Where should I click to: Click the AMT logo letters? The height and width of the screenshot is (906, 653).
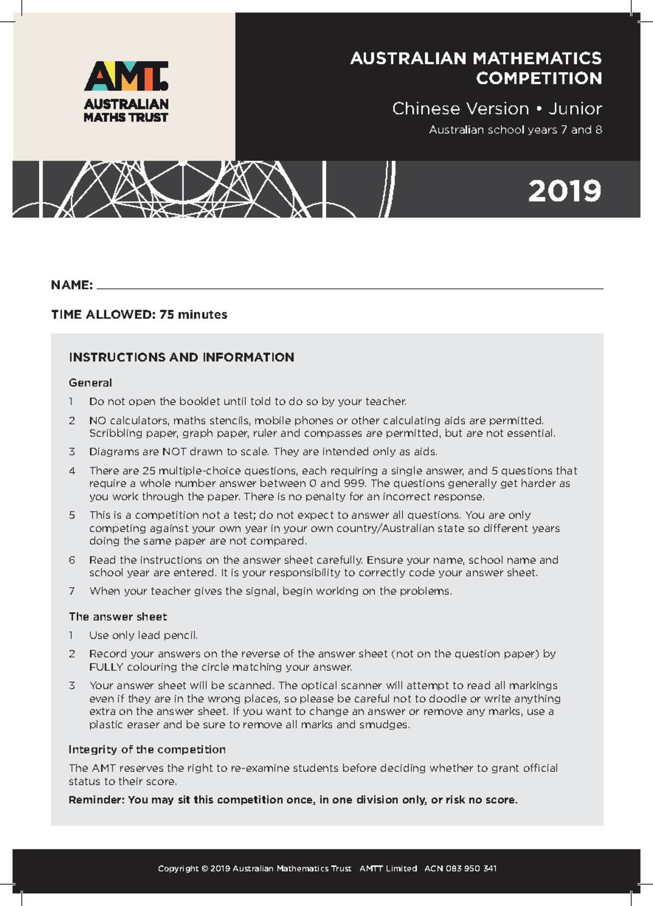click(126, 76)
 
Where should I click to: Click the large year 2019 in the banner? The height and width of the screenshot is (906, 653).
click(564, 191)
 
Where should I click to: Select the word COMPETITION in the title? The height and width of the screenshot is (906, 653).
click(539, 78)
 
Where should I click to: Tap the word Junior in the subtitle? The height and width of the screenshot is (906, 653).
click(575, 109)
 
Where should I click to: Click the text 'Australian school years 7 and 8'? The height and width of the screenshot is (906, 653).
click(515, 130)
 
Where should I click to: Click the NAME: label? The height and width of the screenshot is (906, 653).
click(72, 285)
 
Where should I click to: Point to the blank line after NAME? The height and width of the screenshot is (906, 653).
click(348, 287)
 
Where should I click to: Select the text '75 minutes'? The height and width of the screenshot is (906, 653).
click(193, 315)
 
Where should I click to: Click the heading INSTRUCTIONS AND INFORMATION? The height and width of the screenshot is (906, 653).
click(181, 358)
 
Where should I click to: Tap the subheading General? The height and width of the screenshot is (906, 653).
click(90, 383)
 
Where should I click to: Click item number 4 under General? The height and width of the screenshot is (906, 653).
click(72, 471)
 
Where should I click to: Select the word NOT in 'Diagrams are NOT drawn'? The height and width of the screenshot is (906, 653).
click(174, 452)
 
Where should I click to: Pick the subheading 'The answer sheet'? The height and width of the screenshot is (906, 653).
click(118, 617)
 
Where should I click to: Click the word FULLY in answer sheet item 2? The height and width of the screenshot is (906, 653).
click(106, 667)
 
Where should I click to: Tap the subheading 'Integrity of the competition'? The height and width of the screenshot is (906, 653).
click(147, 749)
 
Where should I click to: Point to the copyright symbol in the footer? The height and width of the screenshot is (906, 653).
click(205, 868)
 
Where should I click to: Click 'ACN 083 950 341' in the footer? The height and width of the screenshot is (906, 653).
click(460, 868)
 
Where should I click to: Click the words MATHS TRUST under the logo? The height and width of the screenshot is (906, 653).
click(126, 118)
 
